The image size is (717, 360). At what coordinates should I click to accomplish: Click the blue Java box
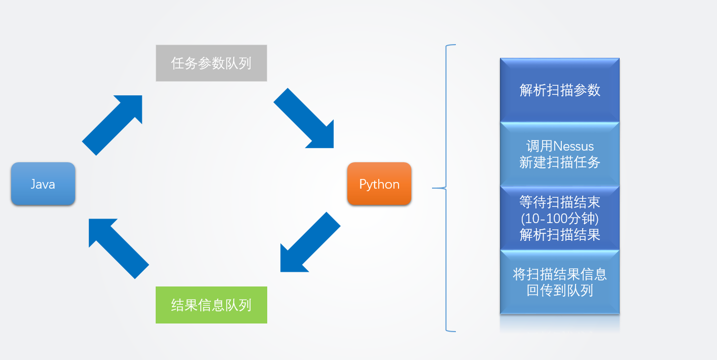tap(43, 184)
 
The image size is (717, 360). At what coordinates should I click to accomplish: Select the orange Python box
tap(379, 184)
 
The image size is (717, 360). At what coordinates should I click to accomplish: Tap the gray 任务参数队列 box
tap(211, 63)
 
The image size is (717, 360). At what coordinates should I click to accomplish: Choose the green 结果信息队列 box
tap(211, 305)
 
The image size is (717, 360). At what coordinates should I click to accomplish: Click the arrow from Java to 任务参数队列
tap(112, 125)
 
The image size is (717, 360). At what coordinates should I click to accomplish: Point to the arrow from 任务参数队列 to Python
tap(304, 118)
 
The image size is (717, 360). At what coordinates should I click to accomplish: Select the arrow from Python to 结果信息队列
tap(310, 242)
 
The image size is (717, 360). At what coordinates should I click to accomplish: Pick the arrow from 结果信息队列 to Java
tap(119, 248)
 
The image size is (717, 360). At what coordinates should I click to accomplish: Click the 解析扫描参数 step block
tap(560, 90)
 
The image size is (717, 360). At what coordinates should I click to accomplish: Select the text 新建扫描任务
tap(559, 162)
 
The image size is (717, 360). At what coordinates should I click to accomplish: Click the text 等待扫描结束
tap(559, 202)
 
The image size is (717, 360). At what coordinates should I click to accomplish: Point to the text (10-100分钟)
tap(559, 219)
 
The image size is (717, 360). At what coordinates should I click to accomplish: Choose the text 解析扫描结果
tap(559, 235)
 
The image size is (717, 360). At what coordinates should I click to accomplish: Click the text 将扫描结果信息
tap(559, 274)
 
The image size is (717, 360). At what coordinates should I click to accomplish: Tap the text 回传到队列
tap(559, 291)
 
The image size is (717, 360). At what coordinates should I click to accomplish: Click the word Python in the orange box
tap(379, 185)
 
